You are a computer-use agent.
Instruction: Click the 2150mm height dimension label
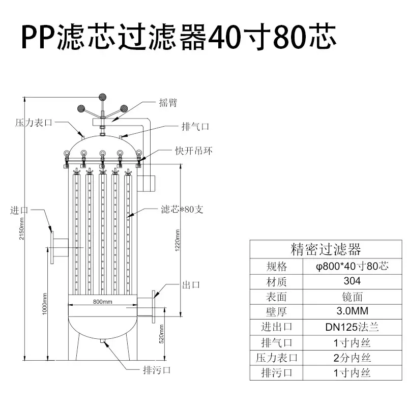click(22, 228)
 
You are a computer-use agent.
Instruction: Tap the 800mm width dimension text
click(103, 302)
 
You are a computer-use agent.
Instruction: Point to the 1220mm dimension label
click(178, 240)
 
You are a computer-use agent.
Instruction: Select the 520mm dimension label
click(161, 334)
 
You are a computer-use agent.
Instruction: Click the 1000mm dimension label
click(45, 304)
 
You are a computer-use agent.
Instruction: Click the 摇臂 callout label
click(168, 103)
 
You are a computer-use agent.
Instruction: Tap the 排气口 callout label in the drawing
click(195, 127)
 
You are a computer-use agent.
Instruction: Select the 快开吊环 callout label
click(194, 151)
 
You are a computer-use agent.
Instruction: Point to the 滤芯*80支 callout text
click(182, 209)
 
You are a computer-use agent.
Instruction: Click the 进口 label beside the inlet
click(19, 210)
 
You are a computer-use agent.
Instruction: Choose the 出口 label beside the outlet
click(191, 285)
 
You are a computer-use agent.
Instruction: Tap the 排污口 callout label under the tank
click(157, 370)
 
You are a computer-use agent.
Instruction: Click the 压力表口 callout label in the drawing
click(34, 123)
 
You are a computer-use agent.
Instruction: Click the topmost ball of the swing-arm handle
click(103, 97)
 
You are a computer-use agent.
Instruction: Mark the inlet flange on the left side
click(52, 248)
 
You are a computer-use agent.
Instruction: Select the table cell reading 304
click(352, 281)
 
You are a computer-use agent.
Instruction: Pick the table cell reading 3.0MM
click(352, 311)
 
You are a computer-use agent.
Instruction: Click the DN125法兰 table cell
click(352, 327)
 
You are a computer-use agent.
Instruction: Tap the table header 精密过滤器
click(326, 249)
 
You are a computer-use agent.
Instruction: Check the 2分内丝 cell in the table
click(352, 358)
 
